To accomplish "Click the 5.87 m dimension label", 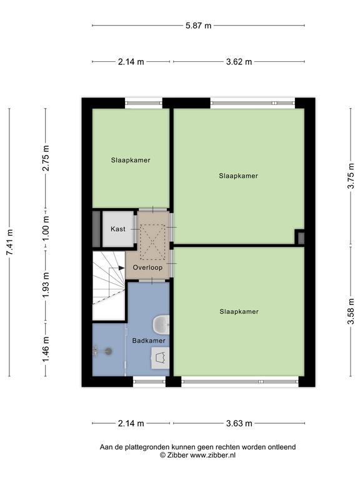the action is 198,26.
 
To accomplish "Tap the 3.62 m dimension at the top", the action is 239,62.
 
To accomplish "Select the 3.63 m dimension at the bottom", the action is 239,423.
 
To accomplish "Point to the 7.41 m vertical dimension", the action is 9,242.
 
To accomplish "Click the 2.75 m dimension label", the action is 46,158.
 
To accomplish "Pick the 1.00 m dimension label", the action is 46,228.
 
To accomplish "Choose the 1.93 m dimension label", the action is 46,285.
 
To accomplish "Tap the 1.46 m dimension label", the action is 46,349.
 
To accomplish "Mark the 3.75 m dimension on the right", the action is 351,176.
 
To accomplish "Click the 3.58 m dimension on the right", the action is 351,311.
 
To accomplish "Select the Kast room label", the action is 118,229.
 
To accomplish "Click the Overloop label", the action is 147,267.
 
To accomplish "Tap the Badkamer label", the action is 149,341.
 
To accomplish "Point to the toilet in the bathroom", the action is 161,324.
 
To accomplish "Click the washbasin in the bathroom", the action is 161,358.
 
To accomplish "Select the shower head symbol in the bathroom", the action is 108,351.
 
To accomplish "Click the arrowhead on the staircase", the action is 121,268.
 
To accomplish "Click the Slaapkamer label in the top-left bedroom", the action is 131,160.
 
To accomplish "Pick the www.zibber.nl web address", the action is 212,455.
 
